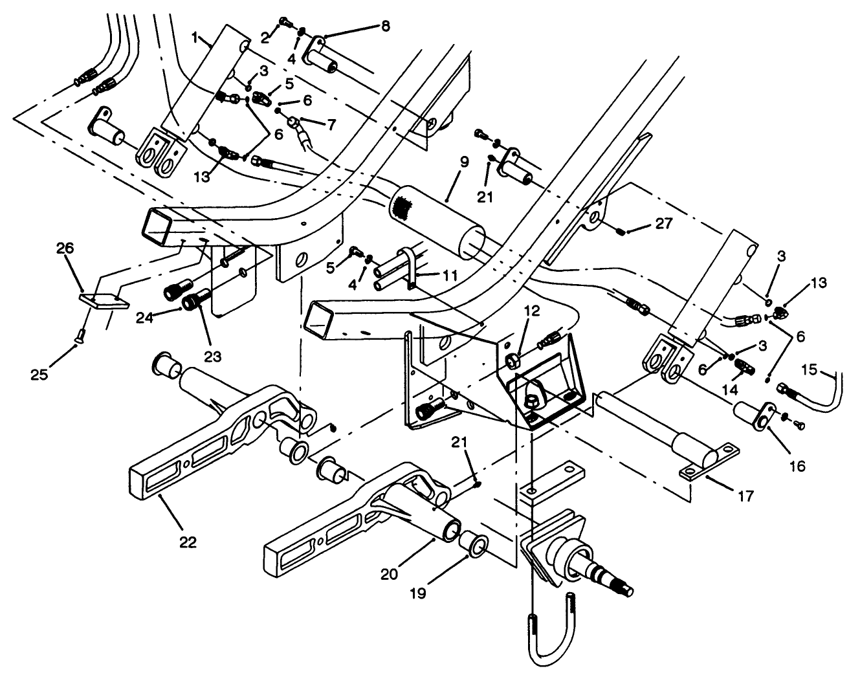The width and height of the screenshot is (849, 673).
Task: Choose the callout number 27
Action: (663, 224)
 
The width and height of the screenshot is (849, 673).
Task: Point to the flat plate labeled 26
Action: (104, 302)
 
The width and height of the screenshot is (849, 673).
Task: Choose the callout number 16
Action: (797, 465)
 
